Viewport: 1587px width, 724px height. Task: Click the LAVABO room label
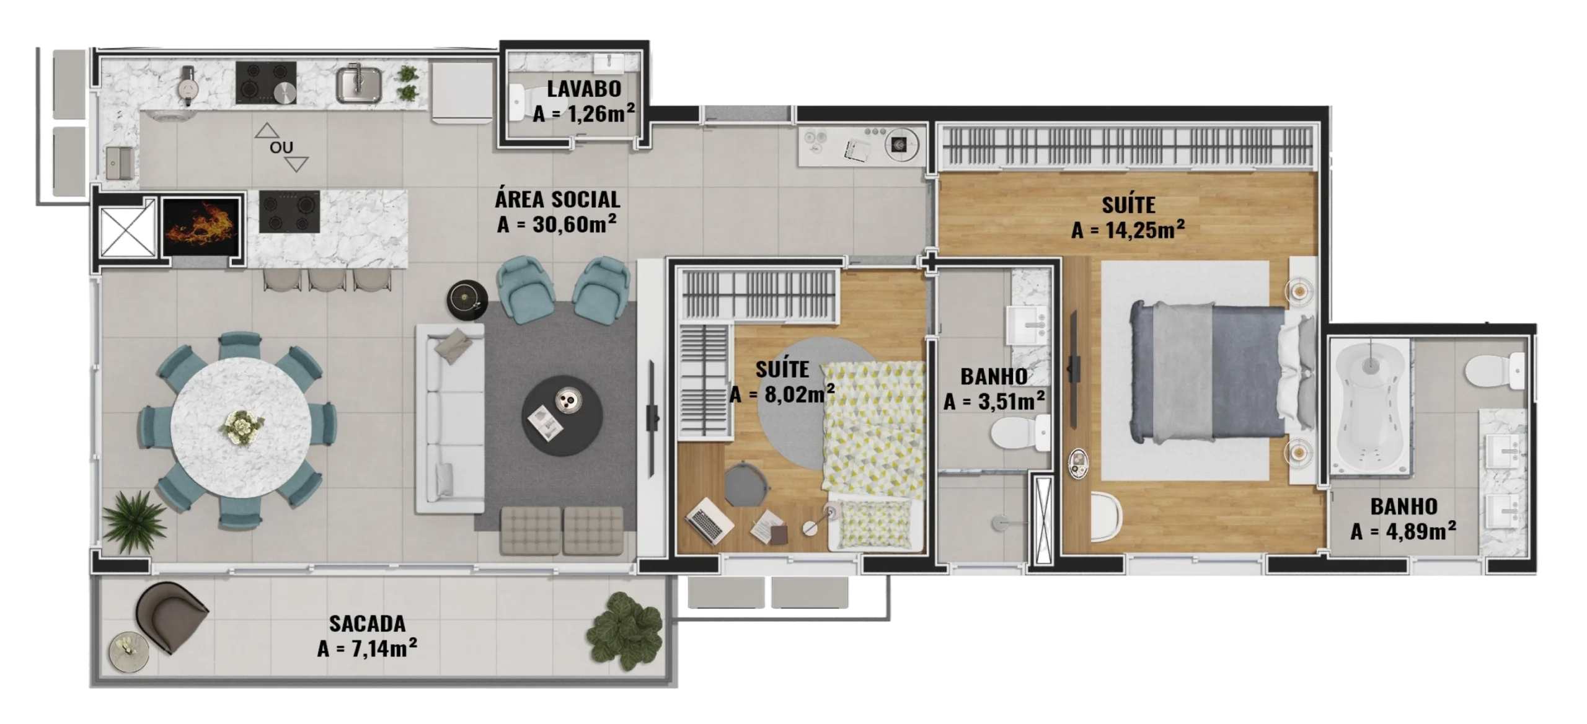[x=583, y=89]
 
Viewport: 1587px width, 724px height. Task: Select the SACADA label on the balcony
[x=367, y=624]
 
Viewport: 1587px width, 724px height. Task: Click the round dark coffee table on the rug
[x=562, y=415]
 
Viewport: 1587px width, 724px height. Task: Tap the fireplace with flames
[x=201, y=227]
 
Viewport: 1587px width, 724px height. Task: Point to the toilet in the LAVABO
[x=524, y=104]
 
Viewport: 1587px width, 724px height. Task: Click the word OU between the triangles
[x=281, y=148]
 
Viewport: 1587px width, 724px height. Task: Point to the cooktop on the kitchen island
[x=290, y=211]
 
